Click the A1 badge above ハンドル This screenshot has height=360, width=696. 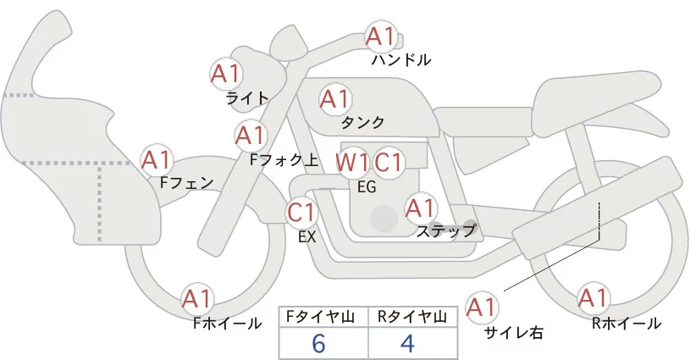[380, 36]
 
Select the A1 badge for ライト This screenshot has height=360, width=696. [225, 74]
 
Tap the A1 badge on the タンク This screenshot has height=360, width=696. [334, 99]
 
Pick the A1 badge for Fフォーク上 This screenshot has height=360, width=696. [251, 135]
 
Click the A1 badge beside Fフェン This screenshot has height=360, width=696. [157, 159]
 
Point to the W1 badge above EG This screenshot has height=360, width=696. [351, 162]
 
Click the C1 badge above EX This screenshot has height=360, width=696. [301, 212]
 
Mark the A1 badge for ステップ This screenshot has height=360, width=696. [421, 207]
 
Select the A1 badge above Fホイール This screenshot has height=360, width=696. [197, 299]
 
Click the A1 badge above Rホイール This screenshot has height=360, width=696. [593, 298]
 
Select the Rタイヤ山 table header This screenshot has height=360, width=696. [413, 317]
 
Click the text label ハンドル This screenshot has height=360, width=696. [401, 60]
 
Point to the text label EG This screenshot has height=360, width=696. [367, 187]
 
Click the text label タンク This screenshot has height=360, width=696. [362, 122]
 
